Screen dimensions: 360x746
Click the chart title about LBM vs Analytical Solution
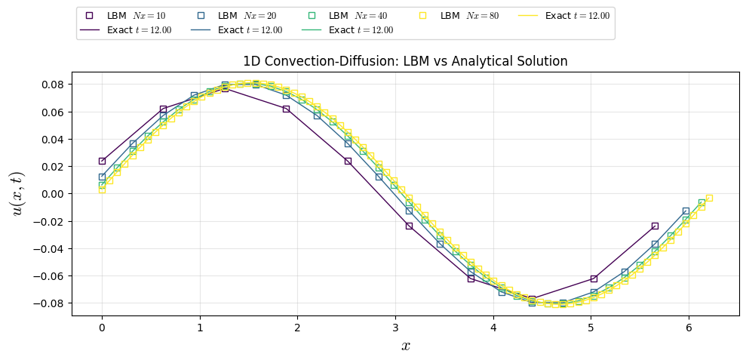[x=405, y=61]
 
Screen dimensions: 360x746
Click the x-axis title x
[x=405, y=346]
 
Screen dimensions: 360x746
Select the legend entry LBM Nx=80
[x=459, y=16]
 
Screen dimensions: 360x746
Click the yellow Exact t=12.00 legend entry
[x=570, y=16]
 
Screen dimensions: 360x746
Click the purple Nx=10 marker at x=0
[x=102, y=161]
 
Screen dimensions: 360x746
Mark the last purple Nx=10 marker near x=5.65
[x=655, y=226]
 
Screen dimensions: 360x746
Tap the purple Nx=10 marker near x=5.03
[x=594, y=278]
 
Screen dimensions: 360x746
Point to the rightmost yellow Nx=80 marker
[x=709, y=198]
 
